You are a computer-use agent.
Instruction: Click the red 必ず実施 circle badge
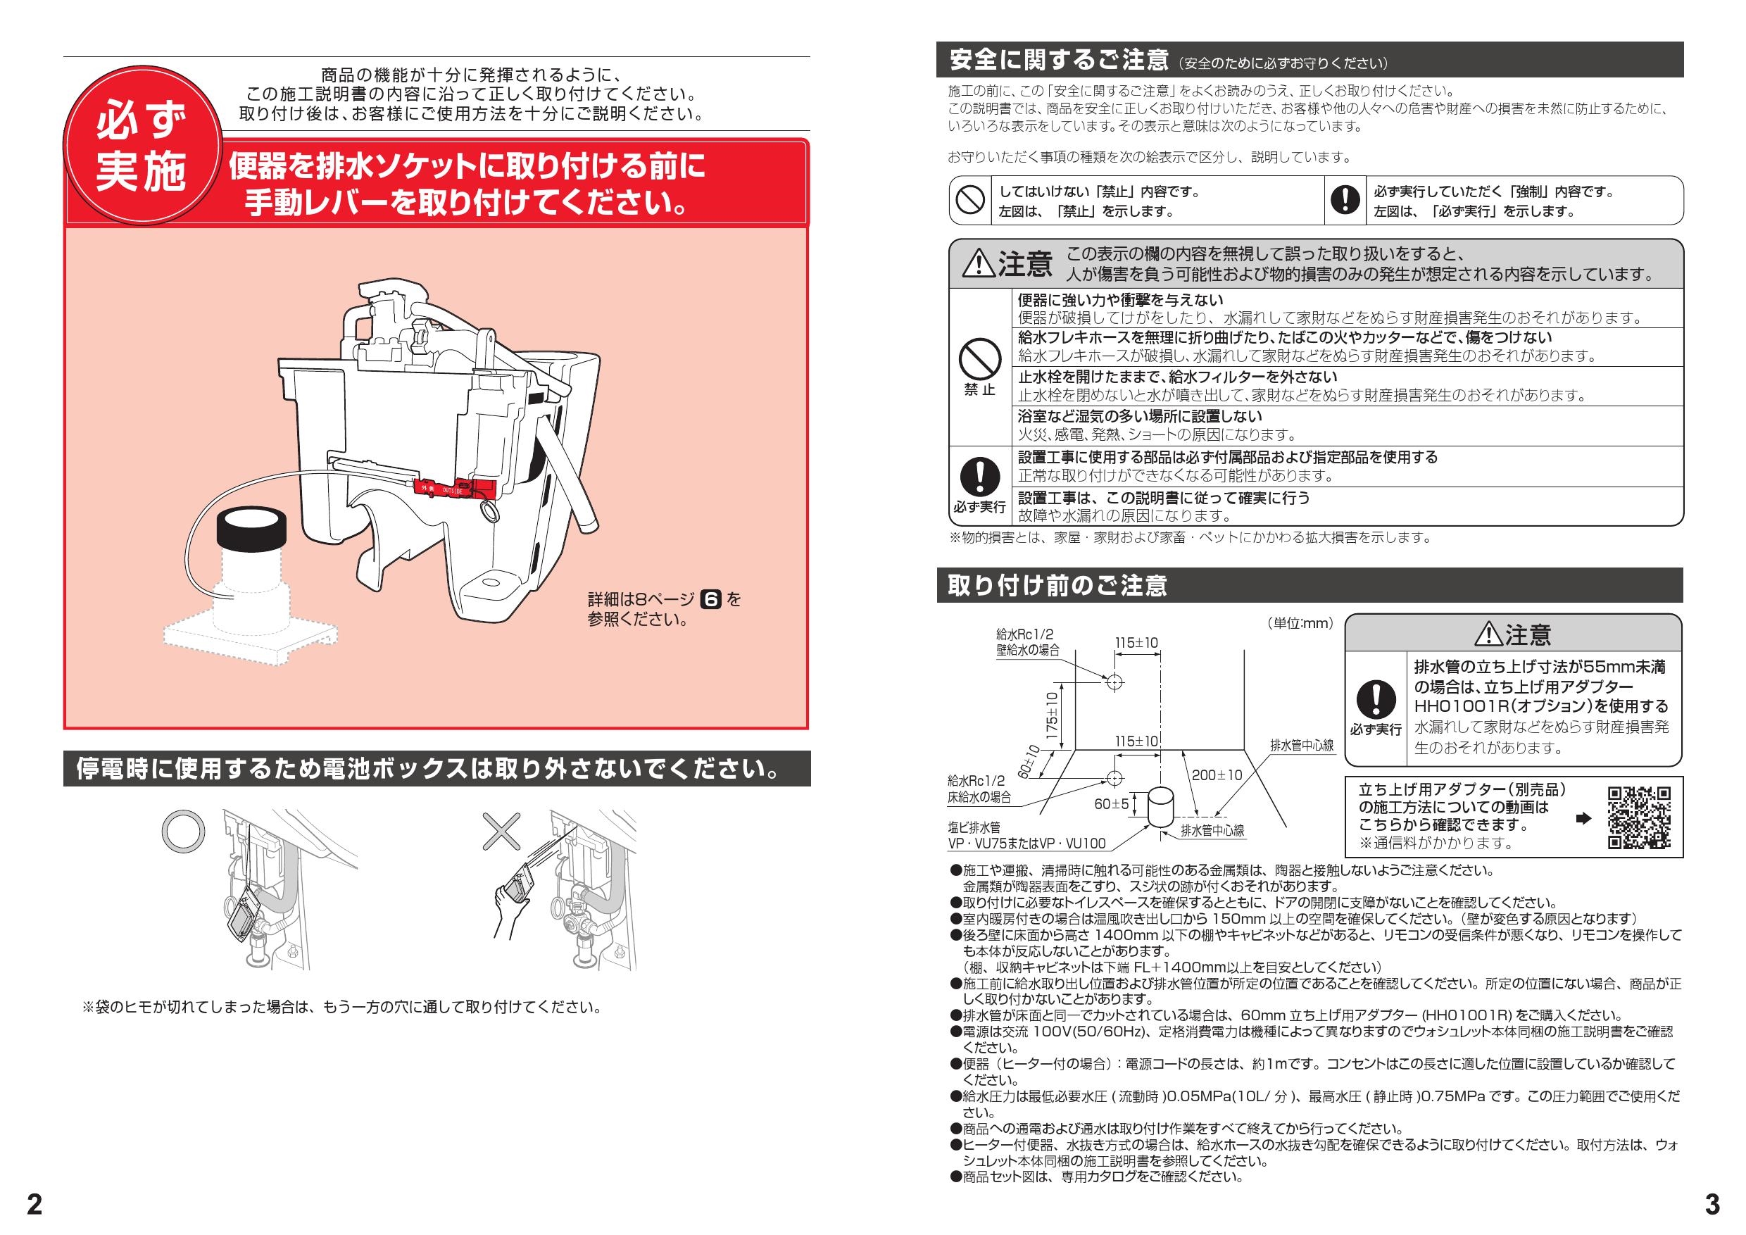tap(140, 149)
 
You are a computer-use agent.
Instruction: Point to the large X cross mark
tap(503, 831)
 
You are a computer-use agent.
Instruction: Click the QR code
tap(1640, 818)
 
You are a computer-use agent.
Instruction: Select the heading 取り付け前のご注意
tap(1057, 586)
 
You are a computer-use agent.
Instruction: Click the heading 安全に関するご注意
tap(1059, 59)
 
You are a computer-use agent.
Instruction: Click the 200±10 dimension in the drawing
tap(1217, 775)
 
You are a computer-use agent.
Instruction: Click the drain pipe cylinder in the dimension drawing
tap(1160, 808)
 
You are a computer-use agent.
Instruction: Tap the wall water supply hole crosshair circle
tap(1114, 682)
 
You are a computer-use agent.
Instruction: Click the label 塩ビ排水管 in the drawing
tap(974, 827)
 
